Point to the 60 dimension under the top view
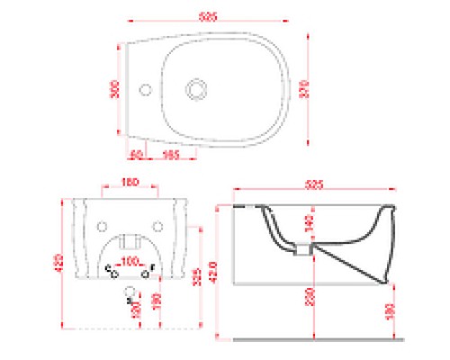[x=136, y=154]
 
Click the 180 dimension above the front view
[x=128, y=182]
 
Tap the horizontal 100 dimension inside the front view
[x=131, y=260]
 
